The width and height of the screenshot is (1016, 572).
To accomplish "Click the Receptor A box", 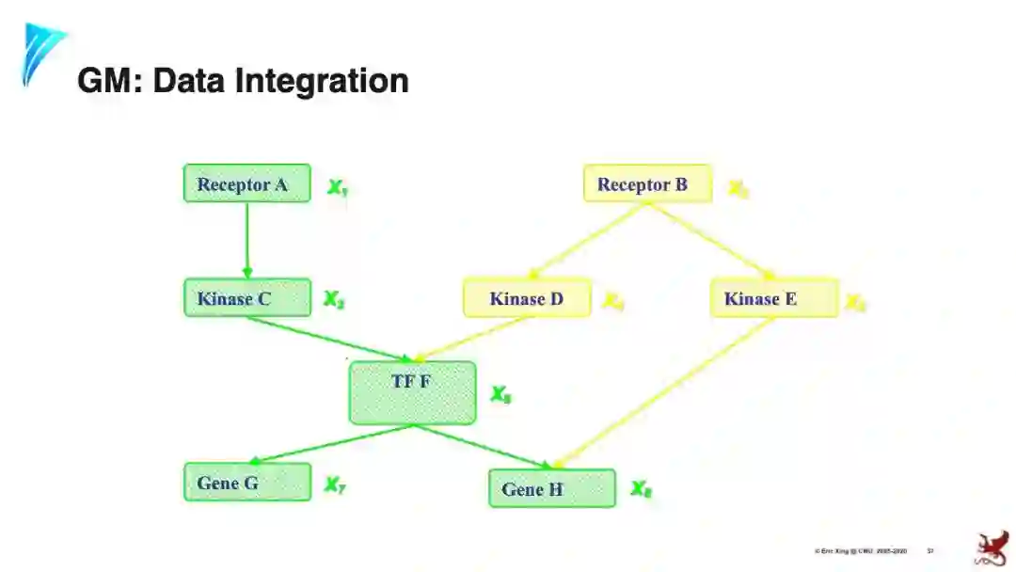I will pyautogui.click(x=246, y=183).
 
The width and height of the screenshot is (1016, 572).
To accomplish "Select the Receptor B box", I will pyautogui.click(x=647, y=184).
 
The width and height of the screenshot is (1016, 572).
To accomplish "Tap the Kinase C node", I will pyautogui.click(x=246, y=298).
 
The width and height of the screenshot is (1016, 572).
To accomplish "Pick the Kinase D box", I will pyautogui.click(x=527, y=299).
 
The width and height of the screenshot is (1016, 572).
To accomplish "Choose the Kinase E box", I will pyautogui.click(x=773, y=299).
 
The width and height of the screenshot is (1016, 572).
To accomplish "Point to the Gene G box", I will pyautogui.click(x=246, y=483).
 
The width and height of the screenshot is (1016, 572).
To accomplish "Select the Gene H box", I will pyautogui.click(x=551, y=489).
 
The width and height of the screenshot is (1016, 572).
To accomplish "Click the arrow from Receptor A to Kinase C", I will pyautogui.click(x=247, y=240).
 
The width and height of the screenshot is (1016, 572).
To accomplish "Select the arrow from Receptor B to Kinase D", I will pyautogui.click(x=588, y=241).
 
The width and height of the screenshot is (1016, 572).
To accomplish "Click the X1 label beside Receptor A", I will pyautogui.click(x=337, y=187).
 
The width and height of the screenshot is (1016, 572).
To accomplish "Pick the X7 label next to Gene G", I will pyautogui.click(x=335, y=485).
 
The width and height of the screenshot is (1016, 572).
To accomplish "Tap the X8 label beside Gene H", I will pyautogui.click(x=641, y=489).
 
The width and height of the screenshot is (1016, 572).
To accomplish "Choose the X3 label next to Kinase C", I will pyautogui.click(x=334, y=300).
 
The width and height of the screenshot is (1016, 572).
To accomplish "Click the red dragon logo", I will pyautogui.click(x=991, y=549).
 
